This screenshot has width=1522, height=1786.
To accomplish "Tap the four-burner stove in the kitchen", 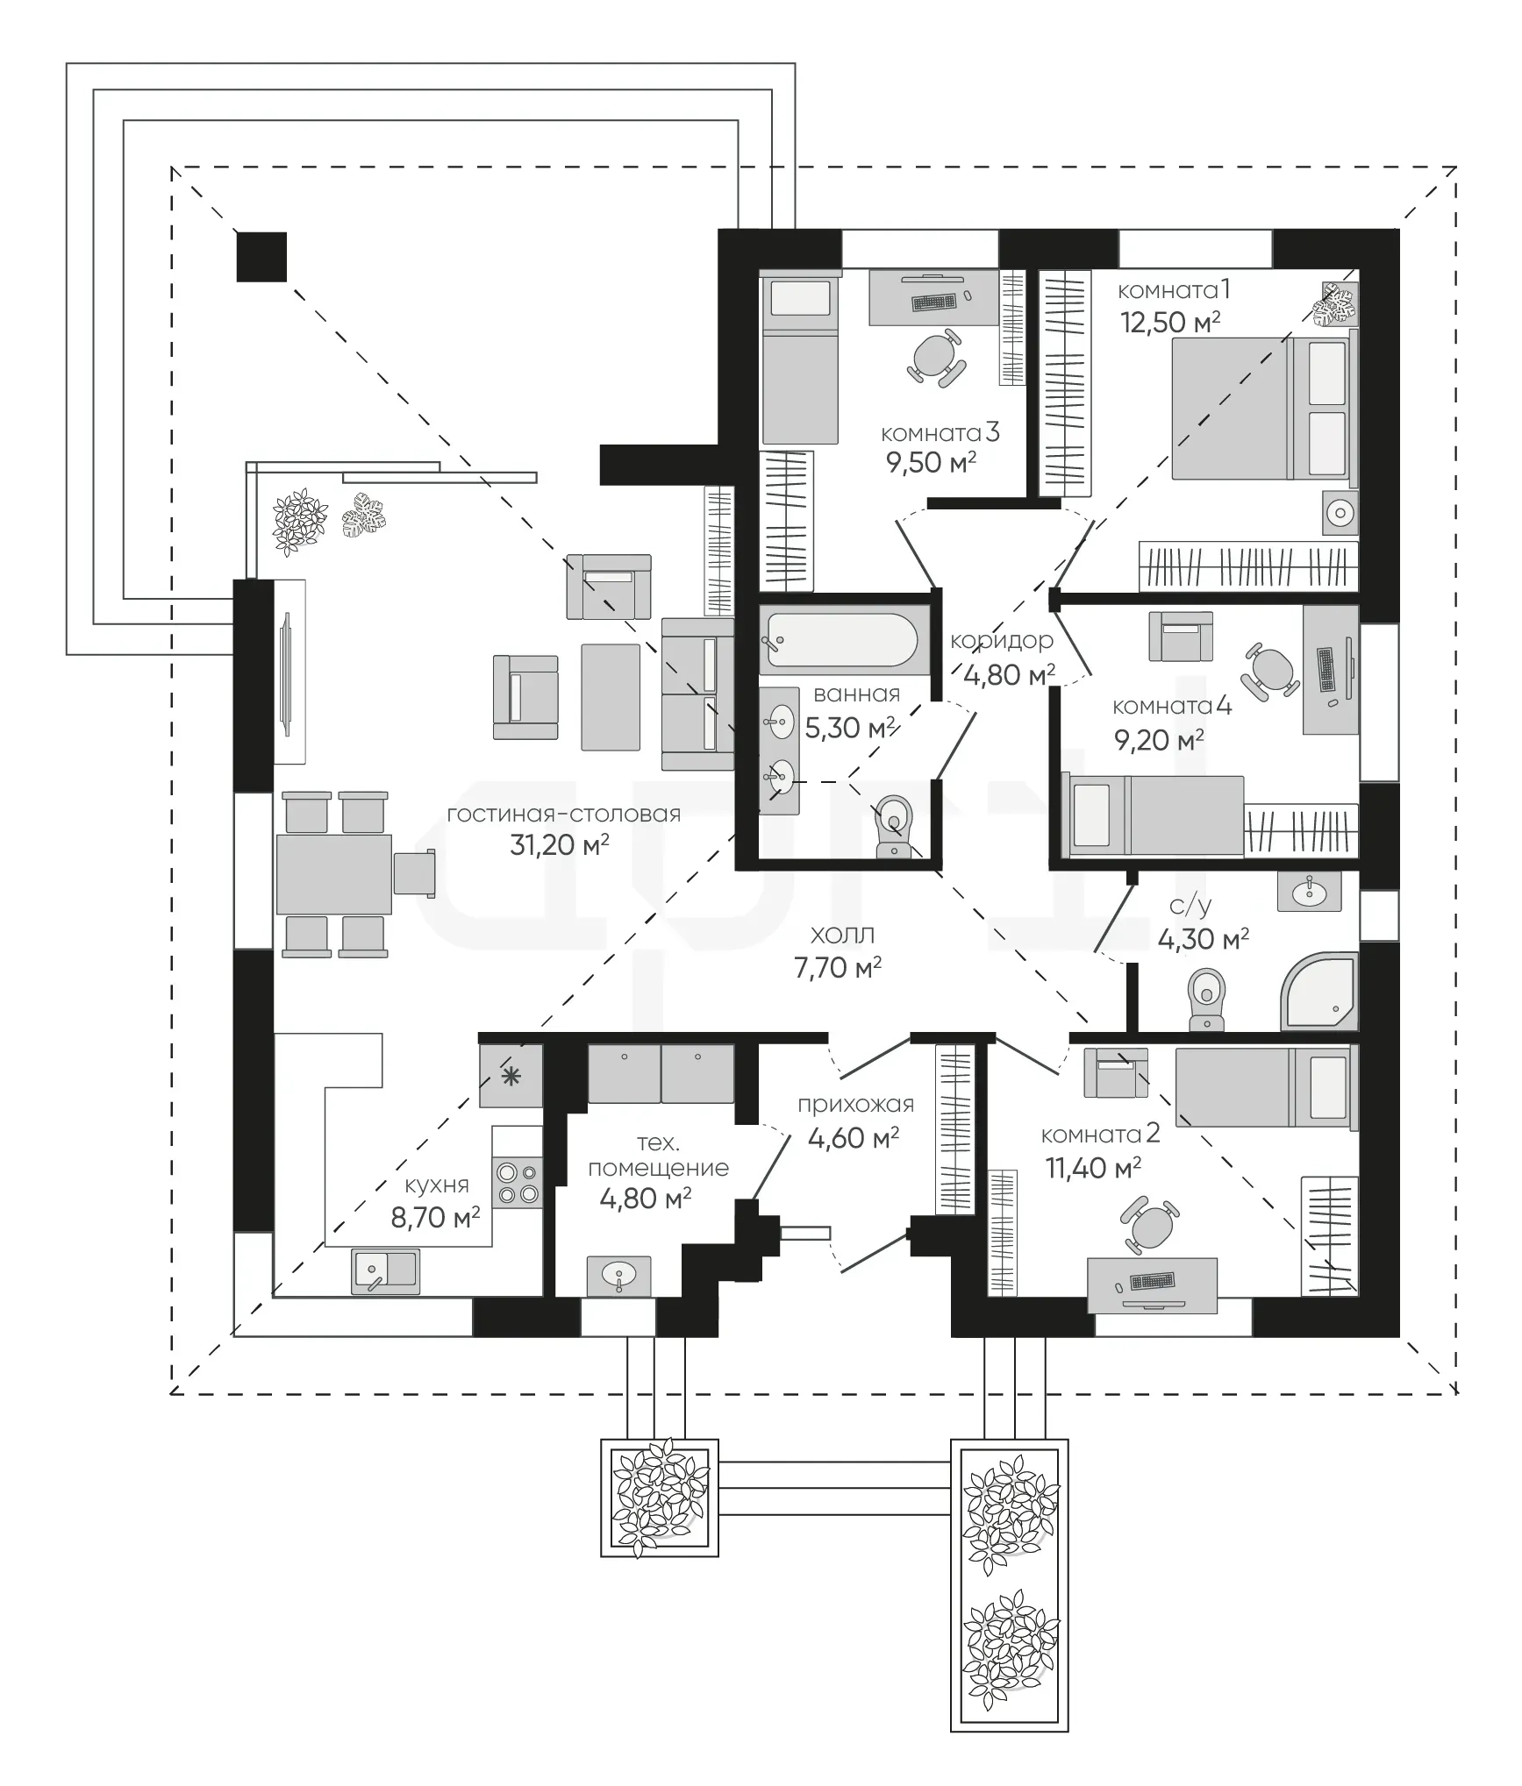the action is [518, 1182].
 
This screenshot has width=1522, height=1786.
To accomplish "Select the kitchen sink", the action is [385, 1271].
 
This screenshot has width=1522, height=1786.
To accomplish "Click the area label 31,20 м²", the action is [560, 845].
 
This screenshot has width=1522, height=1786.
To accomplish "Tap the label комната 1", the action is [1174, 290].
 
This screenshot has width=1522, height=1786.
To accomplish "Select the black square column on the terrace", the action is [261, 257].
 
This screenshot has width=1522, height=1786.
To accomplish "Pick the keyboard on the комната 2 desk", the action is [1153, 1281].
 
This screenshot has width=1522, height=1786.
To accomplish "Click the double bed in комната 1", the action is [1265, 409].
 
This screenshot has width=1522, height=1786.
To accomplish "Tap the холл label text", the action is [842, 936].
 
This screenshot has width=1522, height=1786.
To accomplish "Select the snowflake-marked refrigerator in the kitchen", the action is [511, 1076].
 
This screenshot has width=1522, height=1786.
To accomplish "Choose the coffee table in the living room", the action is [611, 697].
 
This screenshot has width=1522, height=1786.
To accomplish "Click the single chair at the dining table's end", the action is [414, 873].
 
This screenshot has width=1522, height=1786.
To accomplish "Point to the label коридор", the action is [1001, 642].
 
